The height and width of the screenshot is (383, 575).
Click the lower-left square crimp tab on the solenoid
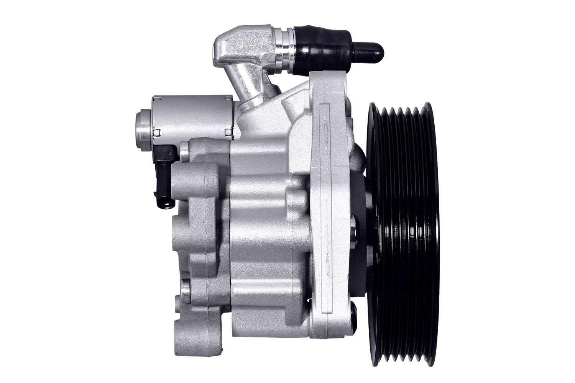point(157,133)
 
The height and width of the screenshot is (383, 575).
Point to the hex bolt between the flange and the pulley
point(355,226)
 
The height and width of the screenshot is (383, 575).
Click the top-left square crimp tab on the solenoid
point(157,99)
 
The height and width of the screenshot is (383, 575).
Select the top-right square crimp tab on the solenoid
point(229,99)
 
